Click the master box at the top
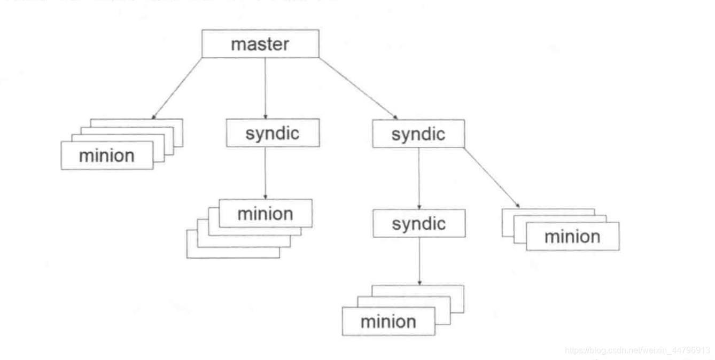click(260, 44)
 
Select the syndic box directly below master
click(273, 133)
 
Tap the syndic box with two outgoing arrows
click(418, 134)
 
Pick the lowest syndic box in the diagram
click(419, 223)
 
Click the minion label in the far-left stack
click(107, 156)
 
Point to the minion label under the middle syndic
click(265, 214)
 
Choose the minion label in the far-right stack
click(572, 237)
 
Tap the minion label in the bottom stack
click(388, 322)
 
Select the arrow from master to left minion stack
click(177, 88)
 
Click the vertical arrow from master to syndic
click(266, 88)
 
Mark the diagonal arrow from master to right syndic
click(358, 88)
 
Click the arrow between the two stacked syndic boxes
click(419, 178)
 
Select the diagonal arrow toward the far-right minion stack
click(492, 178)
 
